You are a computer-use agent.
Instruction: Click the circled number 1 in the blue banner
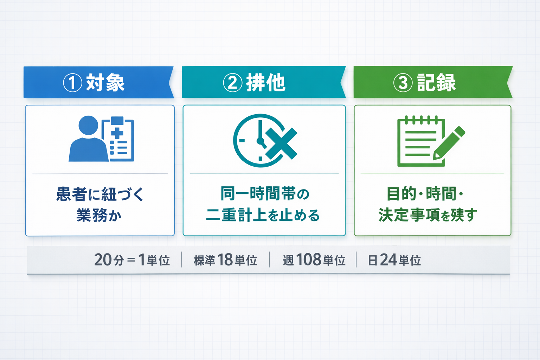(72, 83)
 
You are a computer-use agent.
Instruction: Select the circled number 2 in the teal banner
(233, 83)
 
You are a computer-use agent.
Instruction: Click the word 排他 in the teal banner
(266, 83)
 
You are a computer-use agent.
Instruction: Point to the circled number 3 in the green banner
(403, 83)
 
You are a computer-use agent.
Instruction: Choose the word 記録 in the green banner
(436, 83)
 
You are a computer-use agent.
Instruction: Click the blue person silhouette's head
(88, 125)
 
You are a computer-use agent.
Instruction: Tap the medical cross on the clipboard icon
(117, 133)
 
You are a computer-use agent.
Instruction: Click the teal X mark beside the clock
(281, 143)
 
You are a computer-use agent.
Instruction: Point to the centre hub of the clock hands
(260, 141)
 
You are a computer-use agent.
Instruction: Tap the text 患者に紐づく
(100, 194)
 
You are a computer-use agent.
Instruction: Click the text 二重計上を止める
(263, 215)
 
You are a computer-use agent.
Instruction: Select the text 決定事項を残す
(428, 215)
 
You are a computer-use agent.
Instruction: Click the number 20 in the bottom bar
(103, 260)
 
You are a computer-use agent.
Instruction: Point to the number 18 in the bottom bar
(225, 260)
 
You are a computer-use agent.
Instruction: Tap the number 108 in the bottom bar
(309, 260)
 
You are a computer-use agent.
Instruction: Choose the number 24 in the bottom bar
(388, 260)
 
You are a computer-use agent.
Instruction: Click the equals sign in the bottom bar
(131, 261)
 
